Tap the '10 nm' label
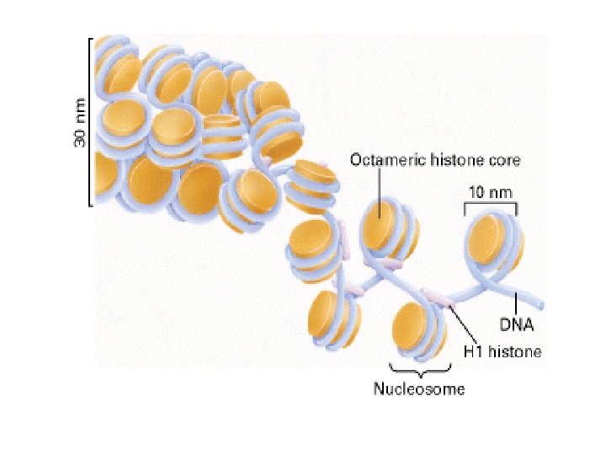(x=490, y=192)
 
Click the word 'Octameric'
(x=379, y=160)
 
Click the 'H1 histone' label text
(x=502, y=351)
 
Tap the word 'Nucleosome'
(x=418, y=388)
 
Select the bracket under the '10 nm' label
(x=491, y=206)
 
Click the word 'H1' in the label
(x=473, y=351)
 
